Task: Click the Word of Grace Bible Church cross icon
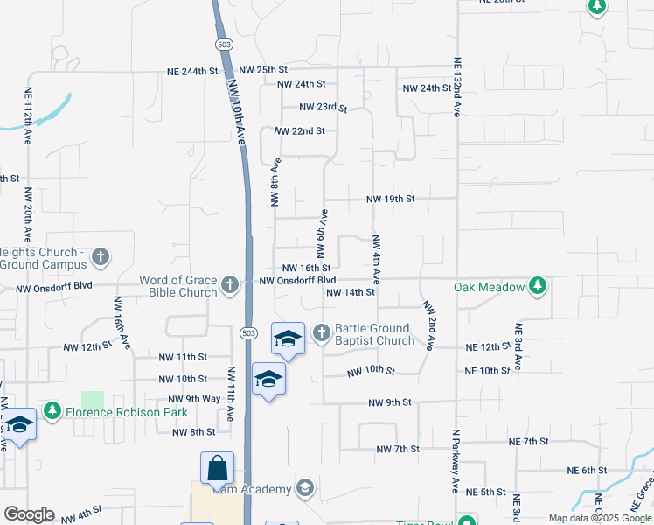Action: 230,284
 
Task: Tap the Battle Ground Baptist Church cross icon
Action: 321,332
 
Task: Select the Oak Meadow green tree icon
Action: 538,286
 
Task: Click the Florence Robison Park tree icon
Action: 53,410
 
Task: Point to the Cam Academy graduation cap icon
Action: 305,486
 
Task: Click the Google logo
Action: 29,514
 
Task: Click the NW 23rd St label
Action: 323,108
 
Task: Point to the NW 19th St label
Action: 390,199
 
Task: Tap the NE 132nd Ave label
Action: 456,87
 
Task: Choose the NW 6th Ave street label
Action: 322,234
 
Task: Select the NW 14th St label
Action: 350,293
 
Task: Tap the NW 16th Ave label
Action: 120,320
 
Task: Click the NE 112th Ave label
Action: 28,115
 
